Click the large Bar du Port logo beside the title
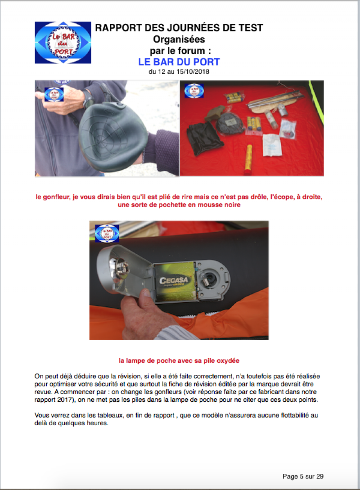click(63, 42)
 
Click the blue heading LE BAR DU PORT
click(179, 62)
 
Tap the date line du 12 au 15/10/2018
click(179, 72)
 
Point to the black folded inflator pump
click(112, 132)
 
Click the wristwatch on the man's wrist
click(89, 99)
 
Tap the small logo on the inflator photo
click(54, 94)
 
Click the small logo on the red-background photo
click(194, 91)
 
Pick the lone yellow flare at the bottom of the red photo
click(249, 157)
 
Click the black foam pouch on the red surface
click(204, 138)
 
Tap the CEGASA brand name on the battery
click(174, 280)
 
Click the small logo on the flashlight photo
click(107, 234)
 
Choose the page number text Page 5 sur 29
click(303, 476)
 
